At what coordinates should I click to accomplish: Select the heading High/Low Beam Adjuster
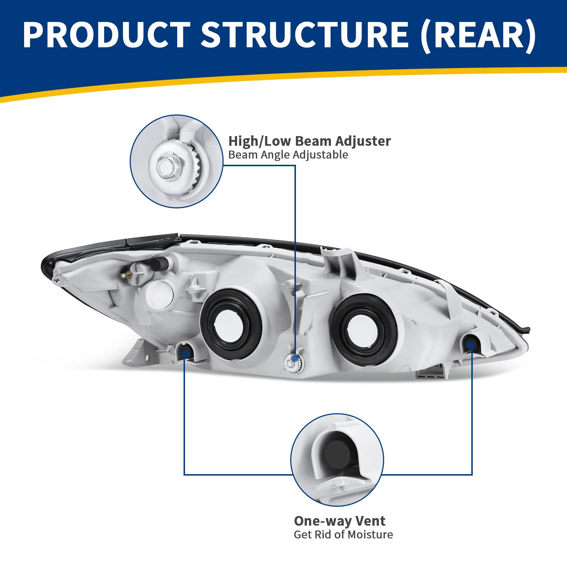click(x=309, y=141)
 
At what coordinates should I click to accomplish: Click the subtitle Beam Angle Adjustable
click(x=288, y=155)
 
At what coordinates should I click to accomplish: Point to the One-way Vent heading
click(x=339, y=521)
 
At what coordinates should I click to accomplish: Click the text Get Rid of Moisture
click(x=343, y=535)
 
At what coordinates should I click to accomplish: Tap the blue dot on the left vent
click(x=185, y=352)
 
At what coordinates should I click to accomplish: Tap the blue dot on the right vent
click(x=471, y=343)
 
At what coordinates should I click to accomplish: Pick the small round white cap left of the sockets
click(x=160, y=294)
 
